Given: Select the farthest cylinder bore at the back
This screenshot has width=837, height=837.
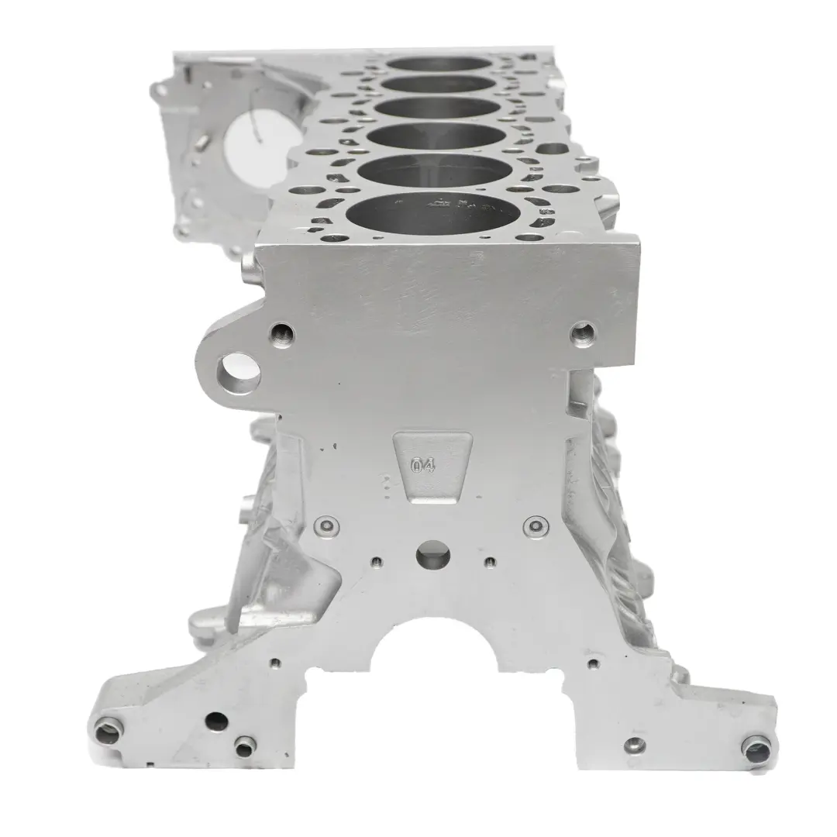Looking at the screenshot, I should tap(439, 63).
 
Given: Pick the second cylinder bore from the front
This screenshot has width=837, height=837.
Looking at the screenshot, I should tap(438, 170).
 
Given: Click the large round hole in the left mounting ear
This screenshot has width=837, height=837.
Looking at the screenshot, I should tap(237, 374).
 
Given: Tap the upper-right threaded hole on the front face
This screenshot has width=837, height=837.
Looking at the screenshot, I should tap(582, 333).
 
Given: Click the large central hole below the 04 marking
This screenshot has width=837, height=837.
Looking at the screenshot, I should tap(432, 554).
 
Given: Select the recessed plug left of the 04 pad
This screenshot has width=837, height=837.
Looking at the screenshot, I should tap(327, 527).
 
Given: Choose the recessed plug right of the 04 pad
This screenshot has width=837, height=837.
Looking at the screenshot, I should tap(534, 527).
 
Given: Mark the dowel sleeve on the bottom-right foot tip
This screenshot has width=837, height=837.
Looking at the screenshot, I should tap(756, 748).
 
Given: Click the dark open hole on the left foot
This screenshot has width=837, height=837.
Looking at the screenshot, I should tap(216, 722).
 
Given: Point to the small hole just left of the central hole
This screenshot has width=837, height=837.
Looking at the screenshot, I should tap(377, 562).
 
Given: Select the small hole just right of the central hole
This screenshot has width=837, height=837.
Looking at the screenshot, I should tap(490, 562).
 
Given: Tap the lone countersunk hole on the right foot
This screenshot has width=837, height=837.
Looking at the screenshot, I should tap(635, 746).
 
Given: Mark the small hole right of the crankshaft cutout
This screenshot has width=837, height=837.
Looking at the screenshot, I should tap(593, 663).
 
